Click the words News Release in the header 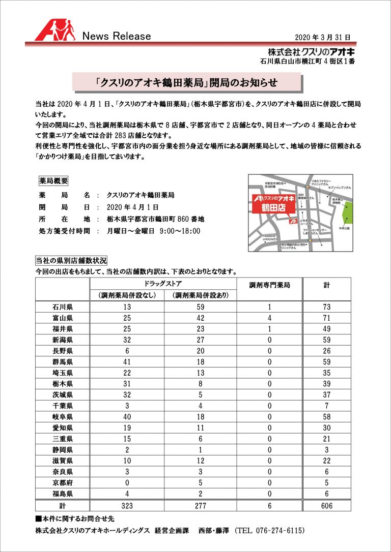point(117,36)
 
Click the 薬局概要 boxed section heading point(53,181)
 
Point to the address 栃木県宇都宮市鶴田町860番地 point(155,219)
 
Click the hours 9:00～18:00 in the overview point(180,231)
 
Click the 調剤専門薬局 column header point(269,286)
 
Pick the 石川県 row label point(62,307)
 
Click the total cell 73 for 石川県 point(326,307)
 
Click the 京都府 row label point(62,482)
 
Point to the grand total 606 point(326,505)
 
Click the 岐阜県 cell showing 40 point(128,416)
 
